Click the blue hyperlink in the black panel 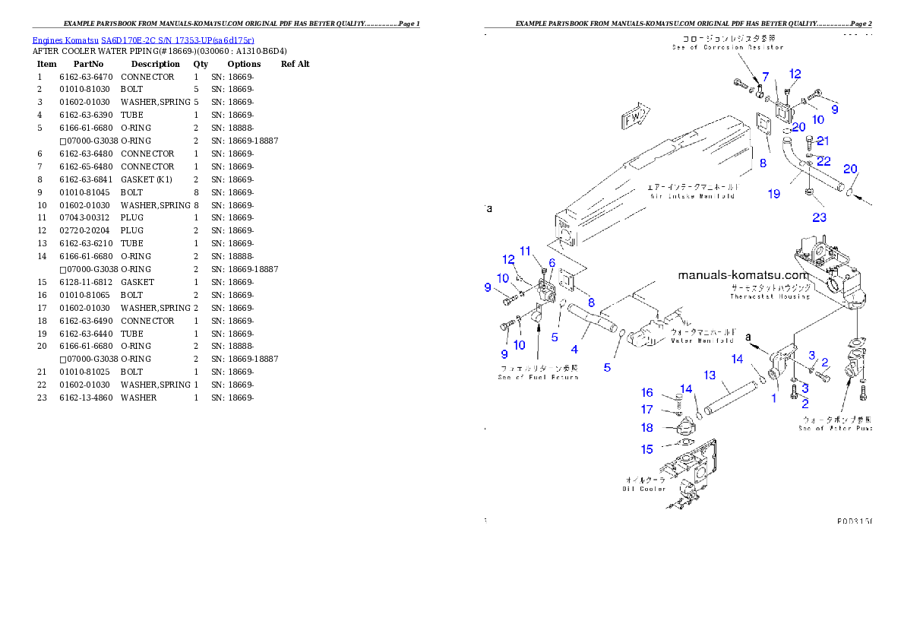point(143,40)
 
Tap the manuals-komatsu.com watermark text point(744,275)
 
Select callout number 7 point(765,77)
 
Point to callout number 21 point(823,141)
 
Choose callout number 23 point(819,218)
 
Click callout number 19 point(773,194)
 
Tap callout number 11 point(525,252)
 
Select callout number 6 point(552,263)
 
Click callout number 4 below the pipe point(574,350)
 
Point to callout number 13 point(710,375)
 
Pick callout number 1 point(775,397)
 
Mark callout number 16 point(646,393)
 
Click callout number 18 point(646,428)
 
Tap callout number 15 point(646,449)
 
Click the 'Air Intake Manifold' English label point(692,196)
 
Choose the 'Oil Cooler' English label point(645,489)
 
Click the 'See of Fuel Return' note point(538,377)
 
